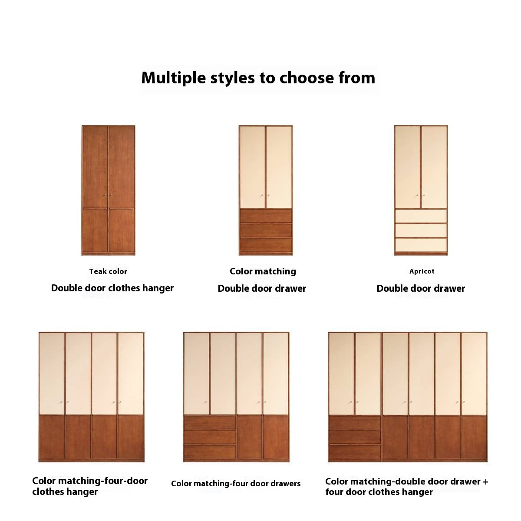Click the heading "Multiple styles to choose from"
pyautogui.click(x=258, y=79)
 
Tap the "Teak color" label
pyautogui.click(x=108, y=271)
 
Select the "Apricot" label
pyautogui.click(x=422, y=271)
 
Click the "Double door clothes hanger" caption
pyautogui.click(x=112, y=288)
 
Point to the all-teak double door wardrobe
pyautogui.click(x=109, y=190)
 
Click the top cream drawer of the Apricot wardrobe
pyautogui.click(x=421, y=216)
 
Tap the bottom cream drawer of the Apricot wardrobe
pyautogui.click(x=421, y=245)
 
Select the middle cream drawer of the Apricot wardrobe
pyautogui.click(x=421, y=231)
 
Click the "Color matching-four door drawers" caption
pyautogui.click(x=236, y=483)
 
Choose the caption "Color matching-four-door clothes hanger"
pyautogui.click(x=90, y=486)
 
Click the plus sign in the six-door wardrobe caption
pyautogui.click(x=485, y=482)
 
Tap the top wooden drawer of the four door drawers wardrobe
pyautogui.click(x=210, y=422)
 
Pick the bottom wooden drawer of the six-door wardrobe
pyautogui.click(x=355, y=452)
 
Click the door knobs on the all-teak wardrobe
pyautogui.click(x=108, y=195)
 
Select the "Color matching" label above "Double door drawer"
pyautogui.click(x=263, y=271)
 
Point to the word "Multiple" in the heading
pyautogui.click(x=174, y=79)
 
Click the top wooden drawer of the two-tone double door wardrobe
pyautogui.click(x=266, y=216)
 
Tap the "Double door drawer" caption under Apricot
pyautogui.click(x=421, y=288)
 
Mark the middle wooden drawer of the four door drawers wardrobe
pyautogui.click(x=210, y=437)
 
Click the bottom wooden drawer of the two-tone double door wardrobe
pyautogui.click(x=266, y=245)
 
